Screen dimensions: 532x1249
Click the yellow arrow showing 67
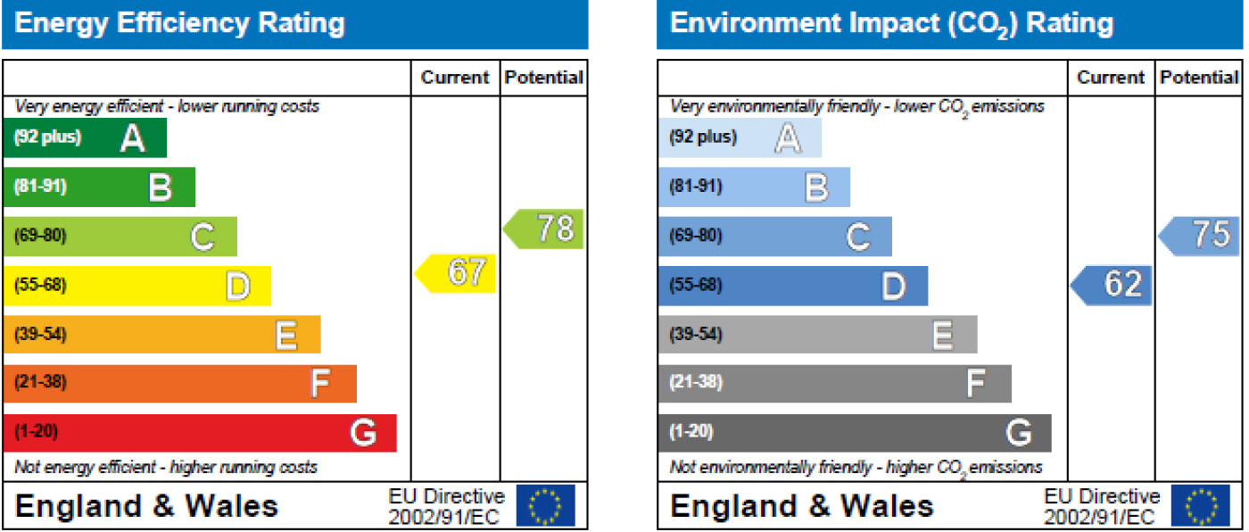tap(457, 273)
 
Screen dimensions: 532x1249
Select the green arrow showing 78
tap(545, 229)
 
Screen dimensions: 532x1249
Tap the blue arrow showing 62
tap(1113, 286)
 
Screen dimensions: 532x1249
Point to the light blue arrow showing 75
tap(1201, 235)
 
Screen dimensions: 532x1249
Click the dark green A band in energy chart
tap(85, 137)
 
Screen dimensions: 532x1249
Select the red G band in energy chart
tap(200, 433)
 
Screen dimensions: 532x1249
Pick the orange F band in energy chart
tap(179, 384)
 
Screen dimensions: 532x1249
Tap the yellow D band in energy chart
tap(136, 286)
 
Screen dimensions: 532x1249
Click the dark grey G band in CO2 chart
tap(855, 433)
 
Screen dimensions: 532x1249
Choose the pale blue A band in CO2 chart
tap(740, 137)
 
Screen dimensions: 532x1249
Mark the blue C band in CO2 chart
tap(774, 237)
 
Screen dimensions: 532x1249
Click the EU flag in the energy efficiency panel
tap(546, 506)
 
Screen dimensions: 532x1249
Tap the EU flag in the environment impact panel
tap(1201, 506)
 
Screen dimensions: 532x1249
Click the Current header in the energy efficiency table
tap(455, 78)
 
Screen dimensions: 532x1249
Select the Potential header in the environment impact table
tap(1200, 78)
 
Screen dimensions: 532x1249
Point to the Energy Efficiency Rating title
tap(179, 23)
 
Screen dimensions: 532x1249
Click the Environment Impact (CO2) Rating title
tap(891, 23)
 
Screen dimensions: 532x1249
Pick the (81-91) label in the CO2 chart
tap(696, 187)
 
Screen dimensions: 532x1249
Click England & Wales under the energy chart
tap(147, 506)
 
